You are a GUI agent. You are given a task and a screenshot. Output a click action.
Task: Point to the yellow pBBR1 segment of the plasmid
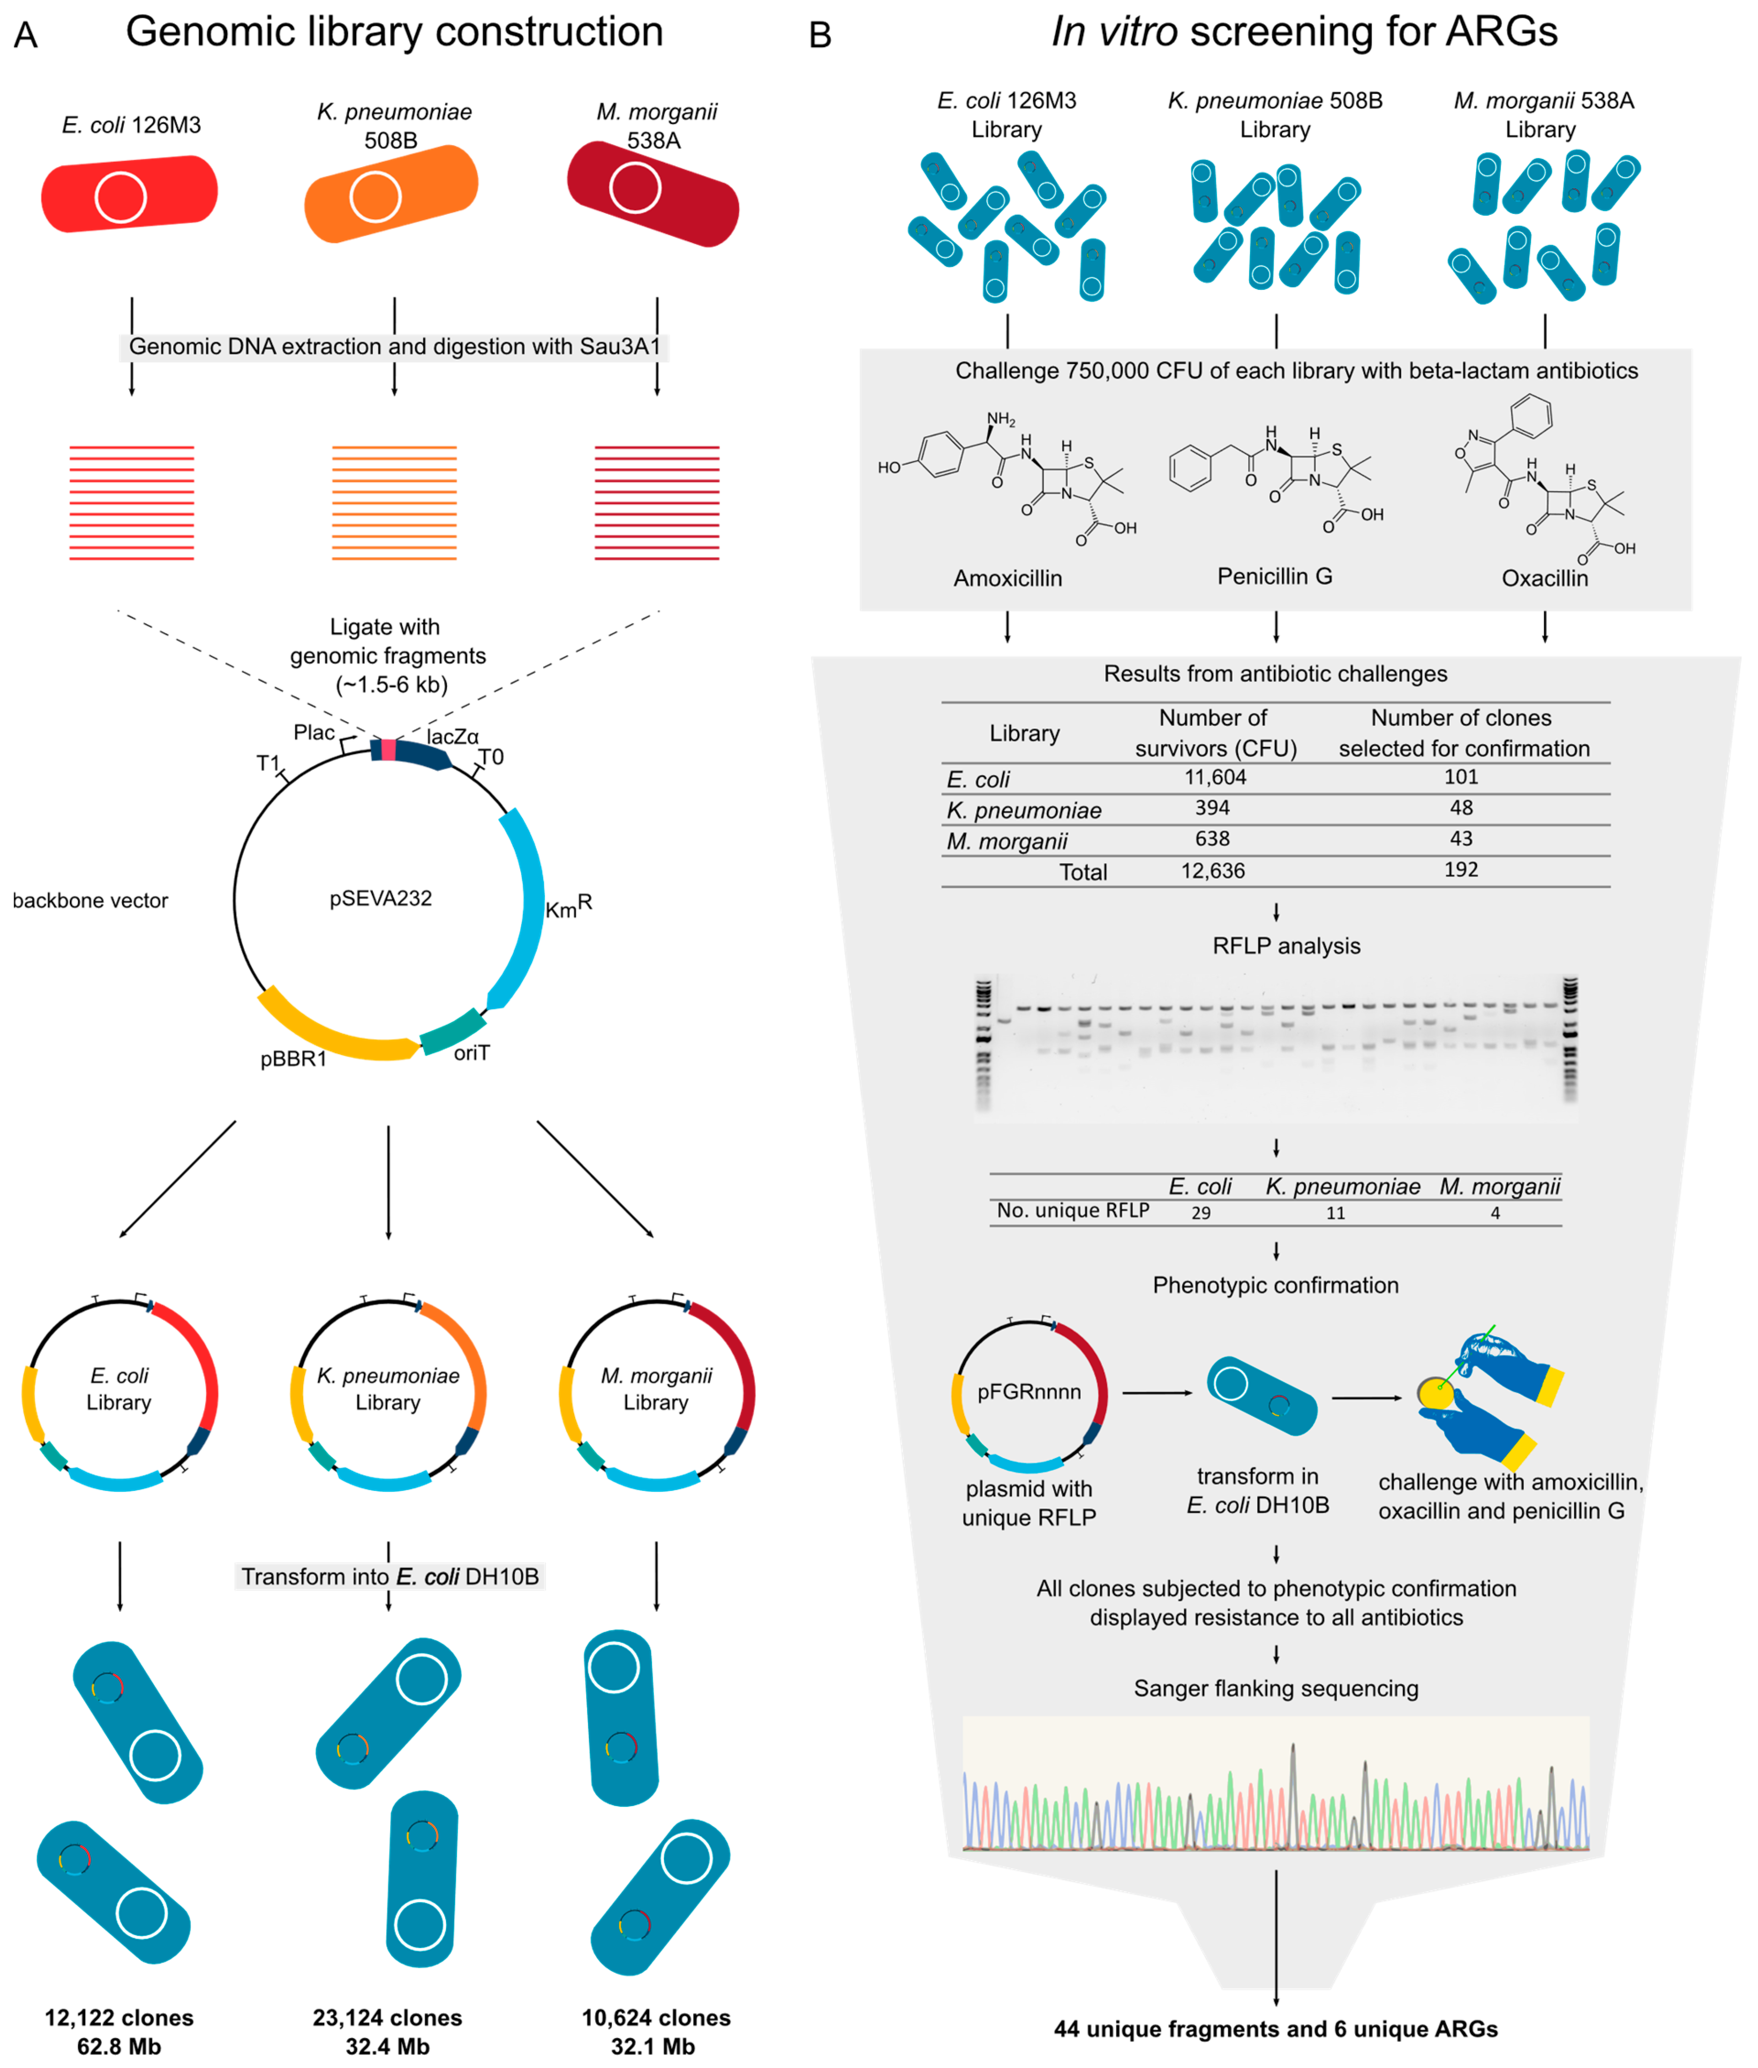[x=329, y=1031]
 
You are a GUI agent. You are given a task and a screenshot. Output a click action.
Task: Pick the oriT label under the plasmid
[x=472, y=1053]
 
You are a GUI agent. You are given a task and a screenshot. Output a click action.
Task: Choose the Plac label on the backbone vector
[x=314, y=733]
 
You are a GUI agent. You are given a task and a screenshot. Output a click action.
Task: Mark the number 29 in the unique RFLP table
[x=1201, y=1213]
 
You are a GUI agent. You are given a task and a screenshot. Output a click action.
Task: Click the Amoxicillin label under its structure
[x=1008, y=578]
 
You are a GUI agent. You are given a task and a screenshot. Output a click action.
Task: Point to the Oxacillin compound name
[x=1545, y=578]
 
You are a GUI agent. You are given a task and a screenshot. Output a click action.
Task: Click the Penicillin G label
[x=1275, y=576]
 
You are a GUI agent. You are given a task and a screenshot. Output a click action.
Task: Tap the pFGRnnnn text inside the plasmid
[x=1029, y=1391]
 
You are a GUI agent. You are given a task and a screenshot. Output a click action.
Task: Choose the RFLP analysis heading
[x=1286, y=946]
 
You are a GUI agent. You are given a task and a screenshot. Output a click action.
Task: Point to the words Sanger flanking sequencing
[x=1275, y=1688]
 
